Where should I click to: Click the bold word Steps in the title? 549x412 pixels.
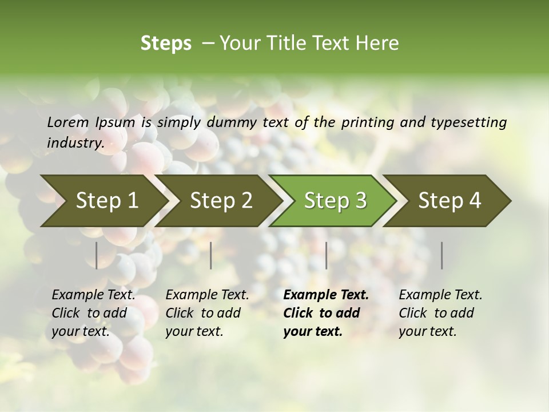166,43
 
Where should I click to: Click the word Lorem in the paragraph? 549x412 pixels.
67,122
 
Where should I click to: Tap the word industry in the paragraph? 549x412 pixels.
75,142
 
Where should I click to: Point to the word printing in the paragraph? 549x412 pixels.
367,122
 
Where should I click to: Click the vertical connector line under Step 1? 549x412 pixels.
97,255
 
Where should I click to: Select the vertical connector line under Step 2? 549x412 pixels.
211,255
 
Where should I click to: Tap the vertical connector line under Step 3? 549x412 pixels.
326,255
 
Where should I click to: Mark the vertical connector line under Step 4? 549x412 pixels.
442,255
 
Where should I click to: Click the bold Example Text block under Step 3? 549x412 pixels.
326,313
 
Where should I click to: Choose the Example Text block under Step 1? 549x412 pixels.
94,313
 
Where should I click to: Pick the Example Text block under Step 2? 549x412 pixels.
207,313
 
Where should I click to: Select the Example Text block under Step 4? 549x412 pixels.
440,313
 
